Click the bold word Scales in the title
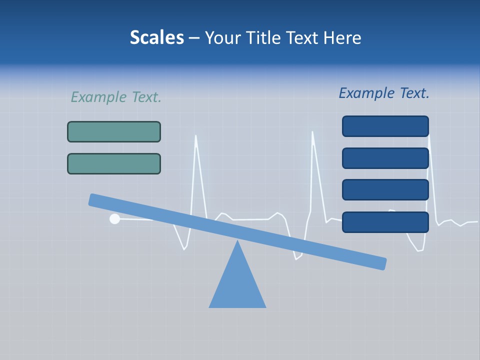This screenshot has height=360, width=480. tap(156, 38)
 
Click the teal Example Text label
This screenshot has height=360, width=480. tap(116, 97)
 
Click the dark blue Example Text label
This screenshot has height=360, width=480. tap(384, 93)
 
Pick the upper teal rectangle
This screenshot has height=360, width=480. tap(114, 132)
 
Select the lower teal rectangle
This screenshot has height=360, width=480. tap(114, 163)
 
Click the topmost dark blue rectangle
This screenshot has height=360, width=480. tap(385, 126)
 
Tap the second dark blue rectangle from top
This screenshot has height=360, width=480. tap(385, 158)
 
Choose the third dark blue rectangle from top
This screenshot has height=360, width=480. tap(385, 190)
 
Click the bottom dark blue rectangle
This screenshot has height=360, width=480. tap(385, 222)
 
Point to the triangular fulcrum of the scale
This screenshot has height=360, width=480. tap(237, 285)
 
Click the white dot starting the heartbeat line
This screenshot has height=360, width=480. tap(114, 218)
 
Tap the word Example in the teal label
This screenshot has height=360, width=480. tap(99, 97)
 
